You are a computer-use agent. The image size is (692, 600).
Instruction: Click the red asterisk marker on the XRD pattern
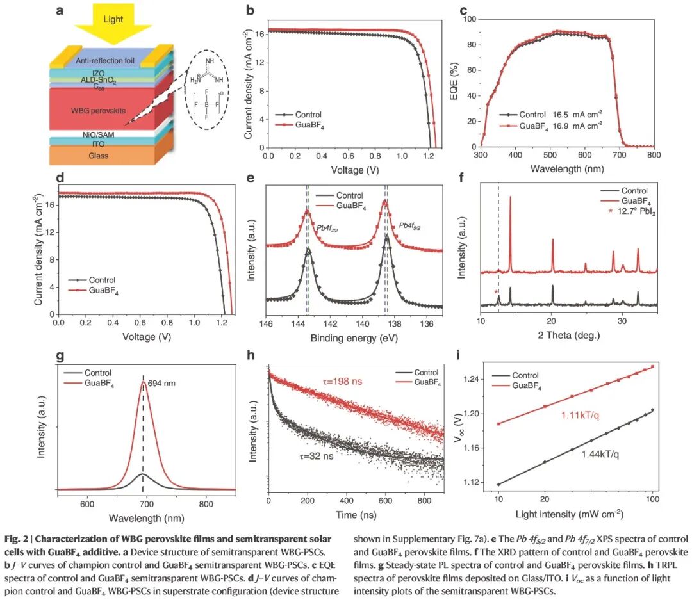coord(495,292)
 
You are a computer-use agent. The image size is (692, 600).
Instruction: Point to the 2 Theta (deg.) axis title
coord(569,334)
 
